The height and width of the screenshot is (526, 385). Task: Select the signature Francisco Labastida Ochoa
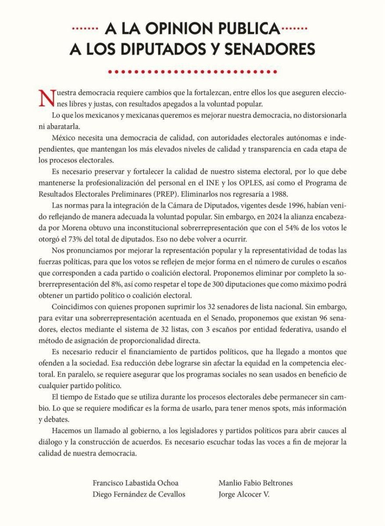(136, 483)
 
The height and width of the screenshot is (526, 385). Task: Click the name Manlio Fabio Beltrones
(256, 483)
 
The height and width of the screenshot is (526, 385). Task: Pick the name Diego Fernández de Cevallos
(139, 494)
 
